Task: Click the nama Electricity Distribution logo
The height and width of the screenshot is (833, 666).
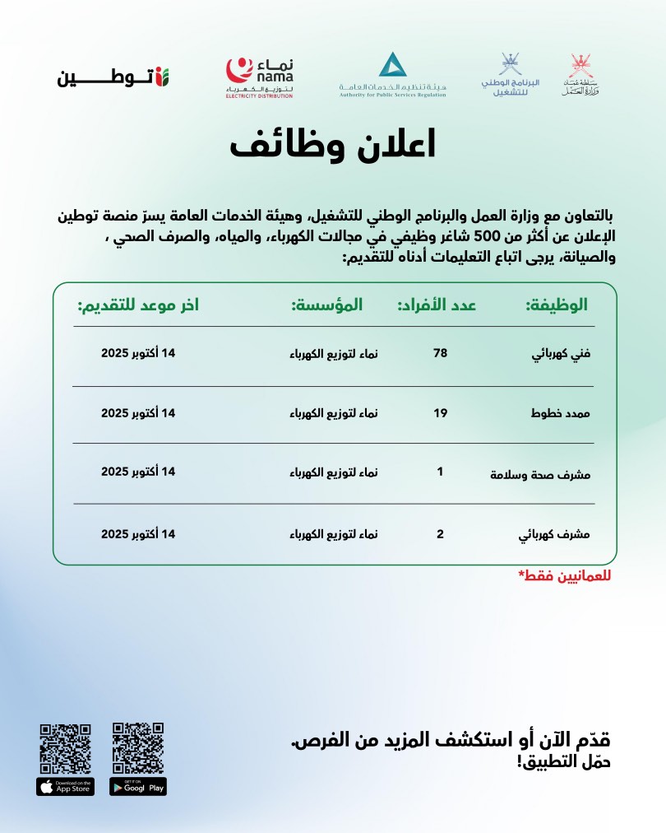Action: (x=259, y=77)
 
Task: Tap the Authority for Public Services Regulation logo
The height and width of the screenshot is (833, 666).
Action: (x=392, y=75)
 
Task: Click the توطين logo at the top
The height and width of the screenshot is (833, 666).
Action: (x=113, y=77)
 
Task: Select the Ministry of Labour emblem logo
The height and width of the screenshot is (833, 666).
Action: (x=585, y=77)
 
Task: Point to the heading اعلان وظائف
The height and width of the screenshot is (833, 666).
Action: (x=332, y=145)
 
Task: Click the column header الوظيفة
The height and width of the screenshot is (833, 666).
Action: (x=557, y=305)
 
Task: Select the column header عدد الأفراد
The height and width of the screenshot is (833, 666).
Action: (x=437, y=305)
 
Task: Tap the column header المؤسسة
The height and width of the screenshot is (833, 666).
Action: (x=326, y=305)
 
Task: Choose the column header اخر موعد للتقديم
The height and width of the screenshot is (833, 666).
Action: (x=138, y=305)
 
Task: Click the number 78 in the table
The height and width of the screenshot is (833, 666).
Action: (x=440, y=353)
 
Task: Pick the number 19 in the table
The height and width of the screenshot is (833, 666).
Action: (x=440, y=412)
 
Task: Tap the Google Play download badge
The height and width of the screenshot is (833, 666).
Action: (x=138, y=787)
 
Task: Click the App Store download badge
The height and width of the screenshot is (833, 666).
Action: (x=66, y=787)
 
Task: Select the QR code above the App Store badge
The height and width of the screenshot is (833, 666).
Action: (x=66, y=747)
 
